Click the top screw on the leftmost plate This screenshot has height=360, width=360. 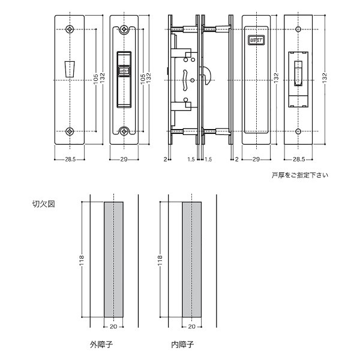[x=70, y=29]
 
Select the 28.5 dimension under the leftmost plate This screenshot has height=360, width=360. [x=70, y=161]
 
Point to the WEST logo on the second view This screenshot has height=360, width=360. [x=124, y=71]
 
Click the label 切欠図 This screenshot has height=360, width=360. [x=43, y=204]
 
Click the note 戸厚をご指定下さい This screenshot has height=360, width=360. [x=299, y=176]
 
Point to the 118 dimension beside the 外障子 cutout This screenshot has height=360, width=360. [x=82, y=260]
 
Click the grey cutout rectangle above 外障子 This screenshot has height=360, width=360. [x=113, y=260]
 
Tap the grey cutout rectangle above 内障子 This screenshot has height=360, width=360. [x=191, y=260]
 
